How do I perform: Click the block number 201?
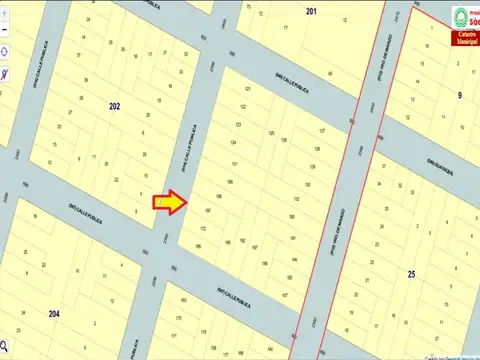point(311,11)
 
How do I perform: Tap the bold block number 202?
point(114,105)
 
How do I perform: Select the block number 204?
point(54,313)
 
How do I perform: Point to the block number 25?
point(411,273)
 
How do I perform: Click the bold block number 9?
point(461,96)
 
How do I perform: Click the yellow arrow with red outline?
point(168,203)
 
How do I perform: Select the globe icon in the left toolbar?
point(7,50)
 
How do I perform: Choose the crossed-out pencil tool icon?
point(6,73)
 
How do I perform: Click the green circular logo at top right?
point(461,15)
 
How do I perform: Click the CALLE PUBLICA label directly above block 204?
point(83,212)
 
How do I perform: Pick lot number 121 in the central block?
point(246,88)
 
